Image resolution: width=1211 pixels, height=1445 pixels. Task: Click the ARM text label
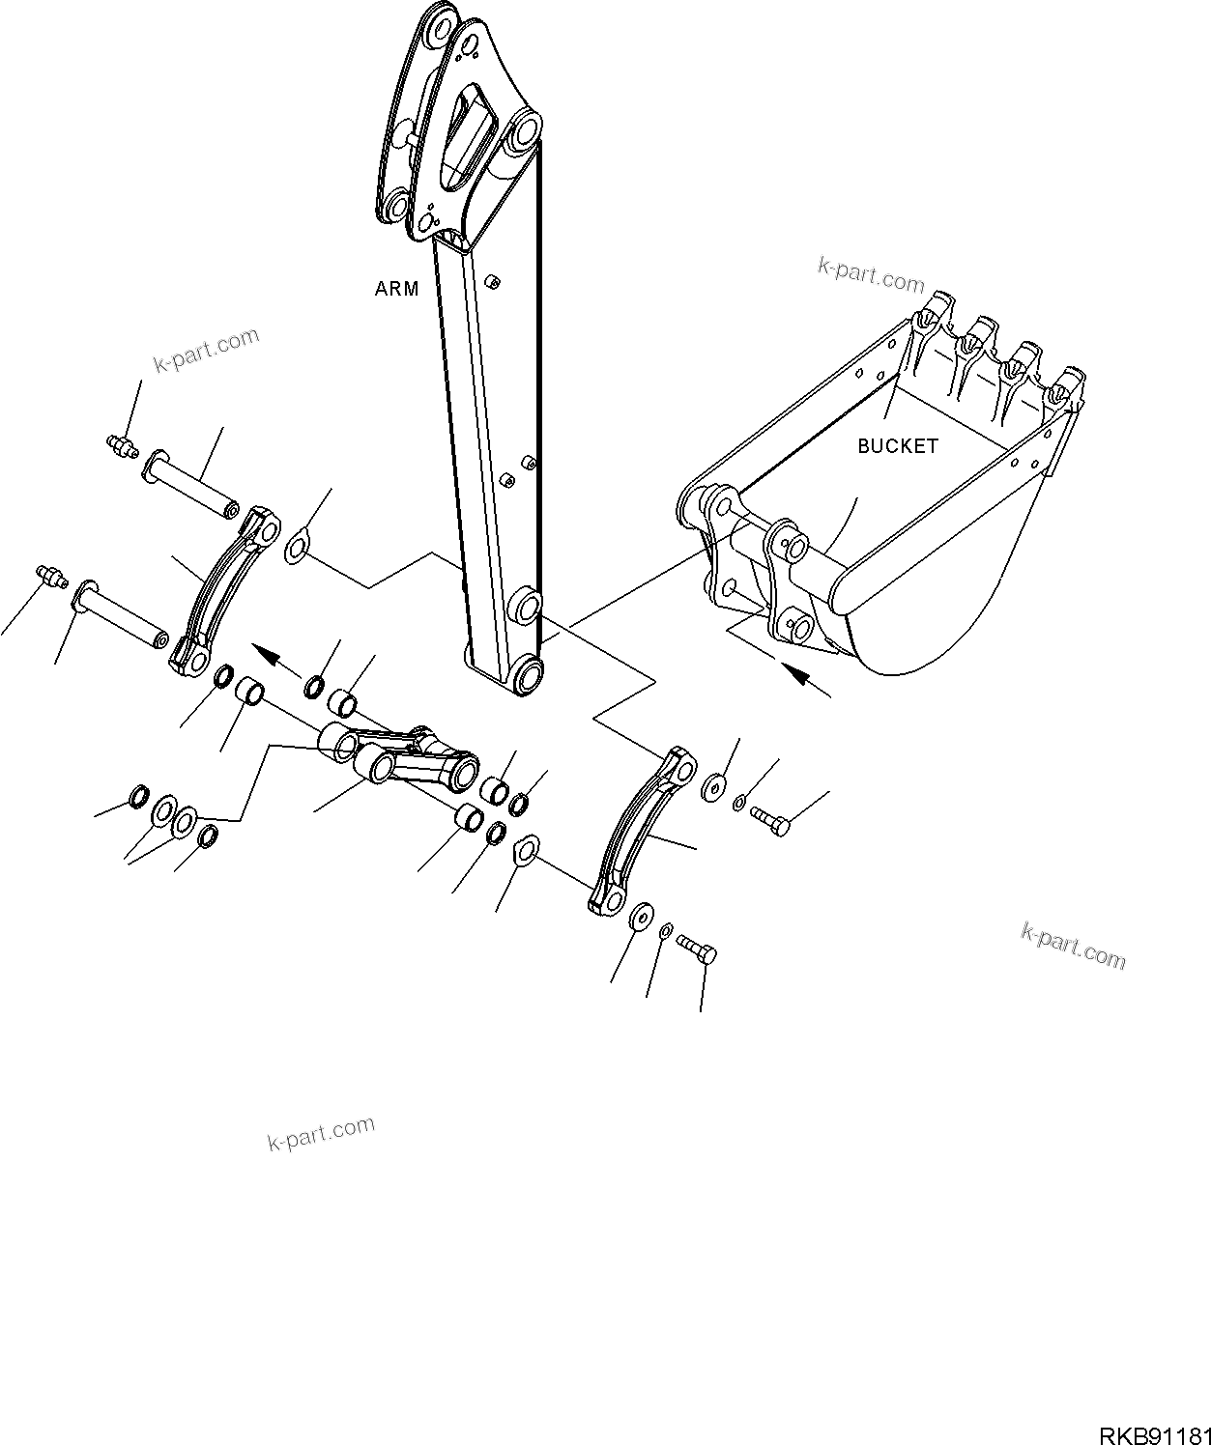[397, 289]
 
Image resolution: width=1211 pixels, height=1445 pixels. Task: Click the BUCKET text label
[897, 446]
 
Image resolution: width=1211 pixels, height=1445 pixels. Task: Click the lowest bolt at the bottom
[697, 949]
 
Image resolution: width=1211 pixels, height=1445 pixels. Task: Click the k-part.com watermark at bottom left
[321, 1134]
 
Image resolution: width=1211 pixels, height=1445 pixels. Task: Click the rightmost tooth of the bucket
[1067, 385]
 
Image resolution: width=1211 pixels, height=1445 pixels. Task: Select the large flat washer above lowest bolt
[639, 918]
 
